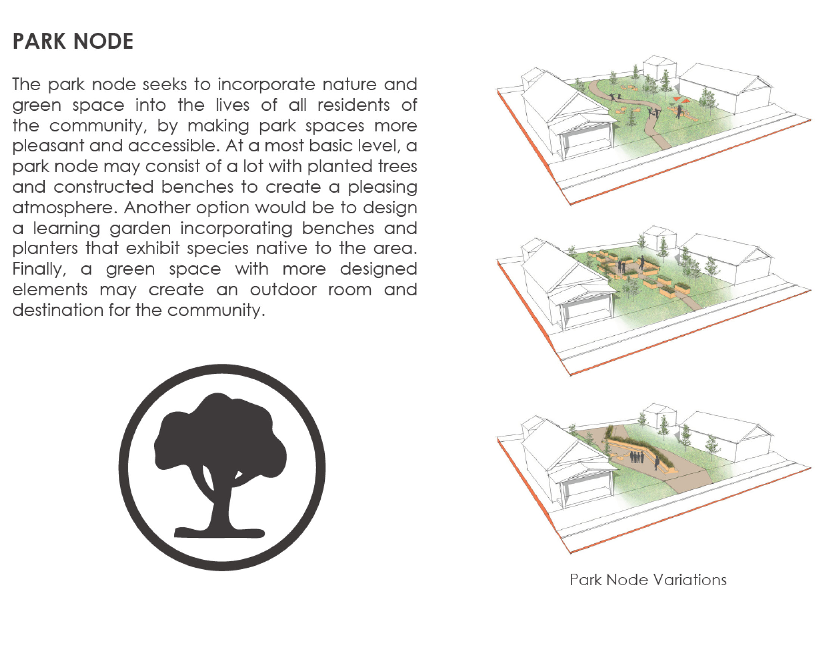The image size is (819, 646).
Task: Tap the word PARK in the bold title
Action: click(39, 41)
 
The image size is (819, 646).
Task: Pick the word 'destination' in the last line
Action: click(58, 310)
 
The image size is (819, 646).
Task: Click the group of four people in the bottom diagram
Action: click(636, 457)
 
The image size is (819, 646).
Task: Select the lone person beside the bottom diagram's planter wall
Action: click(657, 463)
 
